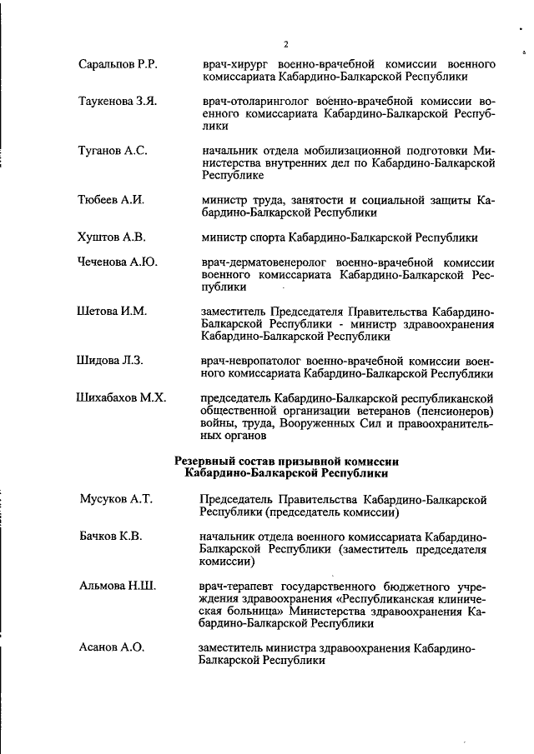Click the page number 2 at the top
[x=285, y=44]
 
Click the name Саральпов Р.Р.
[x=118, y=64]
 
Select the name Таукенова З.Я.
[x=118, y=102]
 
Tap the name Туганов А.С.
[x=113, y=151]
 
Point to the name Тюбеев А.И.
[x=112, y=200]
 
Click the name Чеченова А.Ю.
[x=118, y=262]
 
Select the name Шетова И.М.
[x=112, y=311]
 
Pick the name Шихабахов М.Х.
[x=121, y=397]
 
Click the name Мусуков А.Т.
[x=116, y=499]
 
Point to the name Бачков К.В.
[x=110, y=536]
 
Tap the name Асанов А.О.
[x=112, y=647]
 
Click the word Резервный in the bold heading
[x=209, y=461]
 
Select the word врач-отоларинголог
[x=254, y=102]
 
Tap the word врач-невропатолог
[x=251, y=360]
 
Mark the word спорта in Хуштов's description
[x=267, y=237]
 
